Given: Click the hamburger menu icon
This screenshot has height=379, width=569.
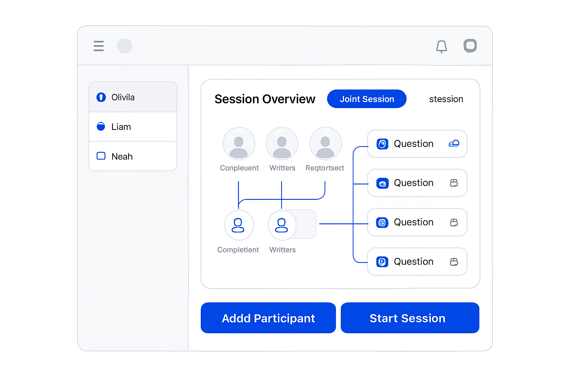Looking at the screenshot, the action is (99, 46).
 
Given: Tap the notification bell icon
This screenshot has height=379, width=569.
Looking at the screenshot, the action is (442, 47).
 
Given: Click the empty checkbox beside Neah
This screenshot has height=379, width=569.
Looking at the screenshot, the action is (101, 156).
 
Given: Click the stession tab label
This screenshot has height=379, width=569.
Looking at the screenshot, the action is (446, 99).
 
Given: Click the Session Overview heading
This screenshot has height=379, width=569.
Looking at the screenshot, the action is (265, 99).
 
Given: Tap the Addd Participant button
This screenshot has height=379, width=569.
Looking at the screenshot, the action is (268, 318).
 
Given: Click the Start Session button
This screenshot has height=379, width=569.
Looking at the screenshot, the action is (410, 318).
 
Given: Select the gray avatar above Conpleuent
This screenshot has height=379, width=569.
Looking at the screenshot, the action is (239, 144).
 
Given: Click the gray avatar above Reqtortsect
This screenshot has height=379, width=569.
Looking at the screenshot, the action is (325, 144).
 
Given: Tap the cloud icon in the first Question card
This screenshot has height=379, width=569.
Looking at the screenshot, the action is (454, 144).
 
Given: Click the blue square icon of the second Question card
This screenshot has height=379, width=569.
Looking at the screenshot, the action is (382, 183).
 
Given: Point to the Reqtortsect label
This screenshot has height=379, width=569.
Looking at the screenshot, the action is (325, 168).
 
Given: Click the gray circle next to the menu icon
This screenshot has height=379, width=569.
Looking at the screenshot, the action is (124, 46).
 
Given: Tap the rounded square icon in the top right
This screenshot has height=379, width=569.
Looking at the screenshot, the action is (470, 46).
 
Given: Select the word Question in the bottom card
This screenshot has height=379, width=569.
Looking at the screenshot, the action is (413, 261).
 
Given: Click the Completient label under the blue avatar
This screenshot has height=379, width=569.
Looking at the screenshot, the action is (238, 250).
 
